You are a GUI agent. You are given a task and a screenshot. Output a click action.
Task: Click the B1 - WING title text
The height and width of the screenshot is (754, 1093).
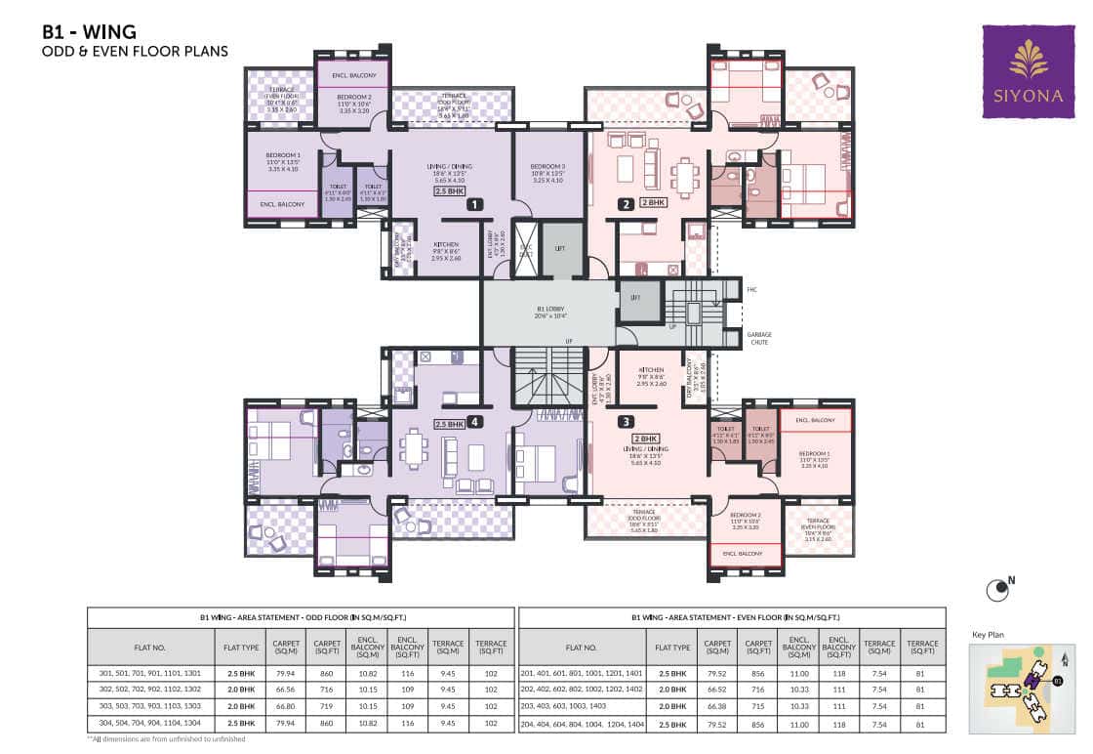[x=89, y=31]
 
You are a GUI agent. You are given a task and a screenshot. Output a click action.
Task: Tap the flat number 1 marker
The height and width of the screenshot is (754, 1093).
[x=474, y=205]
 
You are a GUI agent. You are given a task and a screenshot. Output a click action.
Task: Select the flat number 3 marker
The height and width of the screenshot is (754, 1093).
[x=626, y=422]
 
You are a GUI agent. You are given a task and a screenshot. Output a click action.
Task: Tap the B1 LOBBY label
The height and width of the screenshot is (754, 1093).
[x=551, y=312]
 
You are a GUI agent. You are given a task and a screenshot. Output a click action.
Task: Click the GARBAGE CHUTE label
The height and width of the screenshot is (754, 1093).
[x=759, y=338]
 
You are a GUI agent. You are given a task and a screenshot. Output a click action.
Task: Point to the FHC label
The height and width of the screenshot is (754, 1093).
[x=751, y=289]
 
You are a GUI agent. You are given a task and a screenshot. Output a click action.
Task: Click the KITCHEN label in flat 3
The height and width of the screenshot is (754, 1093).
[x=651, y=373]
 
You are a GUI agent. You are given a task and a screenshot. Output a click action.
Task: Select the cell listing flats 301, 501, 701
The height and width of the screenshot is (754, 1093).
[x=150, y=672]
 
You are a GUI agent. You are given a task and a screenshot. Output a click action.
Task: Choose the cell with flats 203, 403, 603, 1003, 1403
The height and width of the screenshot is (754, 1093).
[x=582, y=706]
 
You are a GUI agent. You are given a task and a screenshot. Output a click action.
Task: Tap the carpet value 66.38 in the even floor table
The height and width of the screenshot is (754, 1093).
[x=717, y=706]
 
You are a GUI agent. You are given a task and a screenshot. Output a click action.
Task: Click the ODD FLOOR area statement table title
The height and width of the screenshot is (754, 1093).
[x=301, y=617]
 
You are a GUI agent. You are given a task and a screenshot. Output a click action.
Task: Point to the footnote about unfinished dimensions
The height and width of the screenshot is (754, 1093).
[x=166, y=739]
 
